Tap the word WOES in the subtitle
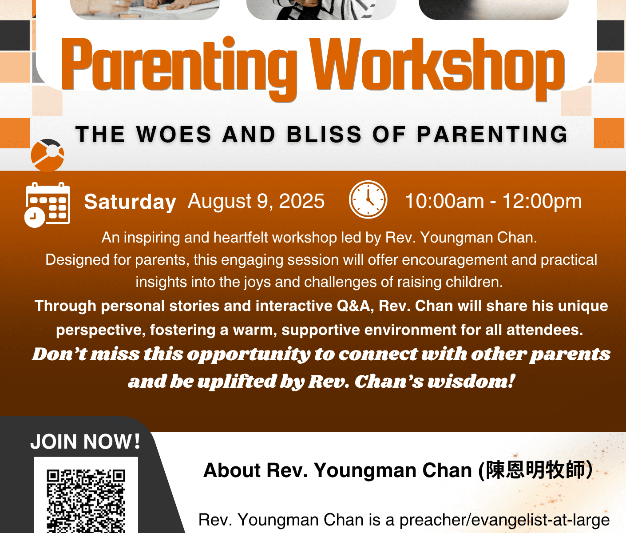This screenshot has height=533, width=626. click(174, 134)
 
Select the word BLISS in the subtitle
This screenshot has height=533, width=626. click(324, 134)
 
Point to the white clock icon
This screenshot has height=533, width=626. click(368, 199)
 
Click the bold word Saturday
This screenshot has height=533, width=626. click(130, 202)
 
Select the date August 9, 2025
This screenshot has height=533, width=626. click(256, 201)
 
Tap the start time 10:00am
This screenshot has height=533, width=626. click(444, 201)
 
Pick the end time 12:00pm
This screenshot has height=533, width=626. click(542, 202)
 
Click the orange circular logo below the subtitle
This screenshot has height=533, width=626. click(48, 155)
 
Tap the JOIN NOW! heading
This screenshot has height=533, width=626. click(85, 442)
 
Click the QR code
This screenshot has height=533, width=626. click(86, 501)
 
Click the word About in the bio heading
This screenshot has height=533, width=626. click(232, 470)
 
